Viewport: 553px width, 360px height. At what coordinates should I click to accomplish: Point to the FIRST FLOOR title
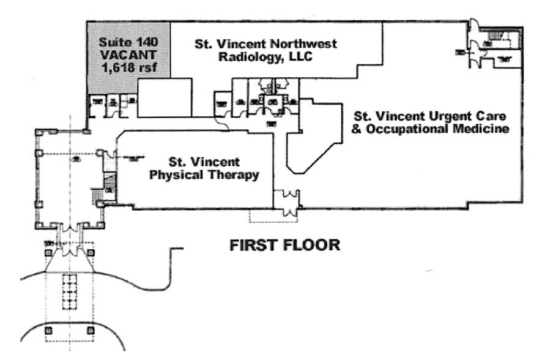(x=284, y=246)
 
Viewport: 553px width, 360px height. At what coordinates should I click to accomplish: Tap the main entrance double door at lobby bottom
(x=69, y=235)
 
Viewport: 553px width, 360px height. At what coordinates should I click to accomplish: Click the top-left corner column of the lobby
(x=39, y=132)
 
